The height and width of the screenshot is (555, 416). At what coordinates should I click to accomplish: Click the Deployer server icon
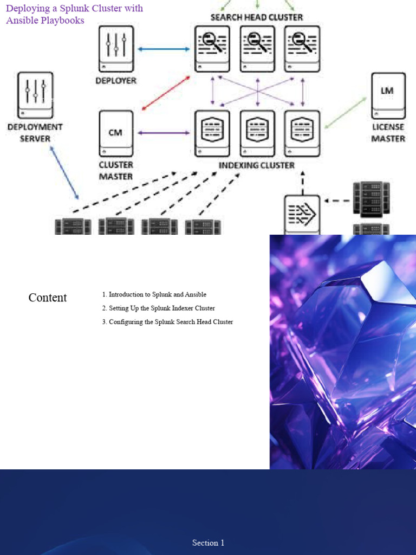116,49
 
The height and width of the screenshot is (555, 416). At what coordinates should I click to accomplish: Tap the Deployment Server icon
35,95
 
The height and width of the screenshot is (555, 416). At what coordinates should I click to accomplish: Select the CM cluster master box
116,133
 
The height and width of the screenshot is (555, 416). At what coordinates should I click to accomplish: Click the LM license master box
388,95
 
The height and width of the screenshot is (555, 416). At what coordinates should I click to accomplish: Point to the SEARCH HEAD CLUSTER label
257,17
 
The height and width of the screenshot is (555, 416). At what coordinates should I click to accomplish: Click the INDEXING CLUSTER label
256,165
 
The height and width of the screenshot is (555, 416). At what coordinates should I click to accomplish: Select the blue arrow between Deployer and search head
164,49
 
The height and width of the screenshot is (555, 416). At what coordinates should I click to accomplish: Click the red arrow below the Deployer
166,93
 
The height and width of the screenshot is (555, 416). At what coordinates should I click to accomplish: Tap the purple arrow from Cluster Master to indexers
164,133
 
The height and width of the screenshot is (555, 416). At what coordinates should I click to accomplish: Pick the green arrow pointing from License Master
347,113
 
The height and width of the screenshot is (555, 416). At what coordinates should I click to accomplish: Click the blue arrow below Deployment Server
65,172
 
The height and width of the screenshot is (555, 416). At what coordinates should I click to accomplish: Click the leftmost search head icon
212,48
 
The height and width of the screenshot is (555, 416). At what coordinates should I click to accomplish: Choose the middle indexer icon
257,133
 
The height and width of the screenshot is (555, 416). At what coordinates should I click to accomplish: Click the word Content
48,298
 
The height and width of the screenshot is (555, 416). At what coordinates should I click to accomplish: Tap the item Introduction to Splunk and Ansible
154,294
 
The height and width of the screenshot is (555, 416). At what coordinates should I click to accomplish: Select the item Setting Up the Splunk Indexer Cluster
159,308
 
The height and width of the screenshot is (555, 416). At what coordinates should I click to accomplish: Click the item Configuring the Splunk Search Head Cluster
168,322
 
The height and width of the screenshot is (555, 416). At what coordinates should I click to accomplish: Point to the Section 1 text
208,543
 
